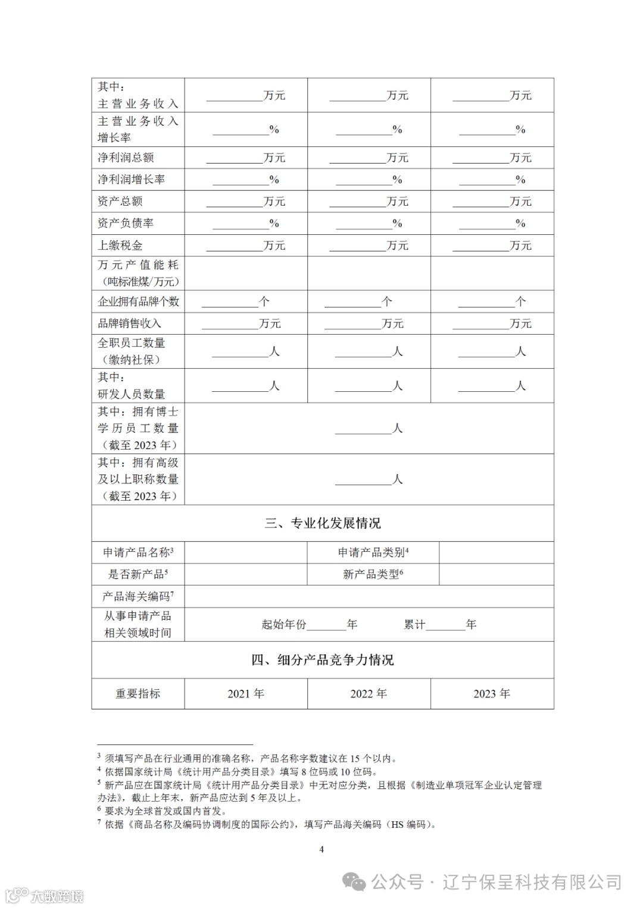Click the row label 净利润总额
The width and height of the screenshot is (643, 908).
126,158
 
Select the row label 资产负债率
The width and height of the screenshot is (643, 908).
126,224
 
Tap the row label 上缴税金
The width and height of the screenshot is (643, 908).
120,246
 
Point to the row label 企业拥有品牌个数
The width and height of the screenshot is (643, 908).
138,301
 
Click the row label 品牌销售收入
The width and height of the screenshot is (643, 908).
129,323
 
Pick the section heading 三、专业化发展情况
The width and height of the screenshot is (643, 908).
323,523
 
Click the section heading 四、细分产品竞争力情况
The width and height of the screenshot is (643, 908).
323,660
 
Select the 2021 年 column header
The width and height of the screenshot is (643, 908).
246,694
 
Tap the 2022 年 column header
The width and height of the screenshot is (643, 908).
369,694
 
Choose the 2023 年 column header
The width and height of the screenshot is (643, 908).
492,694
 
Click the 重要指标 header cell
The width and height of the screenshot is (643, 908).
138,694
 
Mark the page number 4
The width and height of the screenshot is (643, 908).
321,849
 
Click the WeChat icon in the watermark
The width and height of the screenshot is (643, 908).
355,881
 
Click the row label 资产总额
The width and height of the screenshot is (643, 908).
120,202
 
